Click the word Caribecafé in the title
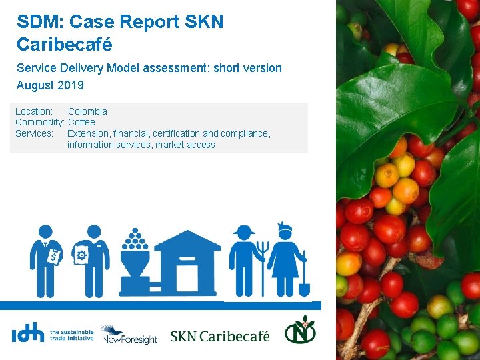[x=65, y=45]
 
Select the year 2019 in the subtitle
[x=73, y=85]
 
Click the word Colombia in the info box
[x=87, y=111]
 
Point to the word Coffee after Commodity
[x=81, y=122]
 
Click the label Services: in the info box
[x=34, y=133]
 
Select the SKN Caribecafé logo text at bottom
[x=220, y=335]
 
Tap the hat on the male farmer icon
[x=243, y=230]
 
